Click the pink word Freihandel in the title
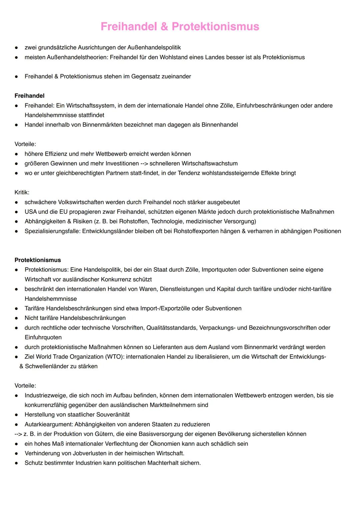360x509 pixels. (x=128, y=27)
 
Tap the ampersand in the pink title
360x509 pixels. (x=164, y=27)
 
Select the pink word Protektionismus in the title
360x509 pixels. (x=215, y=27)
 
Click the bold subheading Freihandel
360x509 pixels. (x=29, y=96)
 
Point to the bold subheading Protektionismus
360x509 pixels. (x=38, y=260)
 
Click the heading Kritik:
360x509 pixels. (x=22, y=192)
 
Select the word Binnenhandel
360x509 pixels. (x=220, y=125)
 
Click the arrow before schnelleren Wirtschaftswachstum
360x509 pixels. (x=144, y=163)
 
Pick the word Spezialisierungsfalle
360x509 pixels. (x=52, y=231)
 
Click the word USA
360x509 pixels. (x=31, y=212)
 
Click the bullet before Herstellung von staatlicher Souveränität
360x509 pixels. (x=16, y=415)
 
